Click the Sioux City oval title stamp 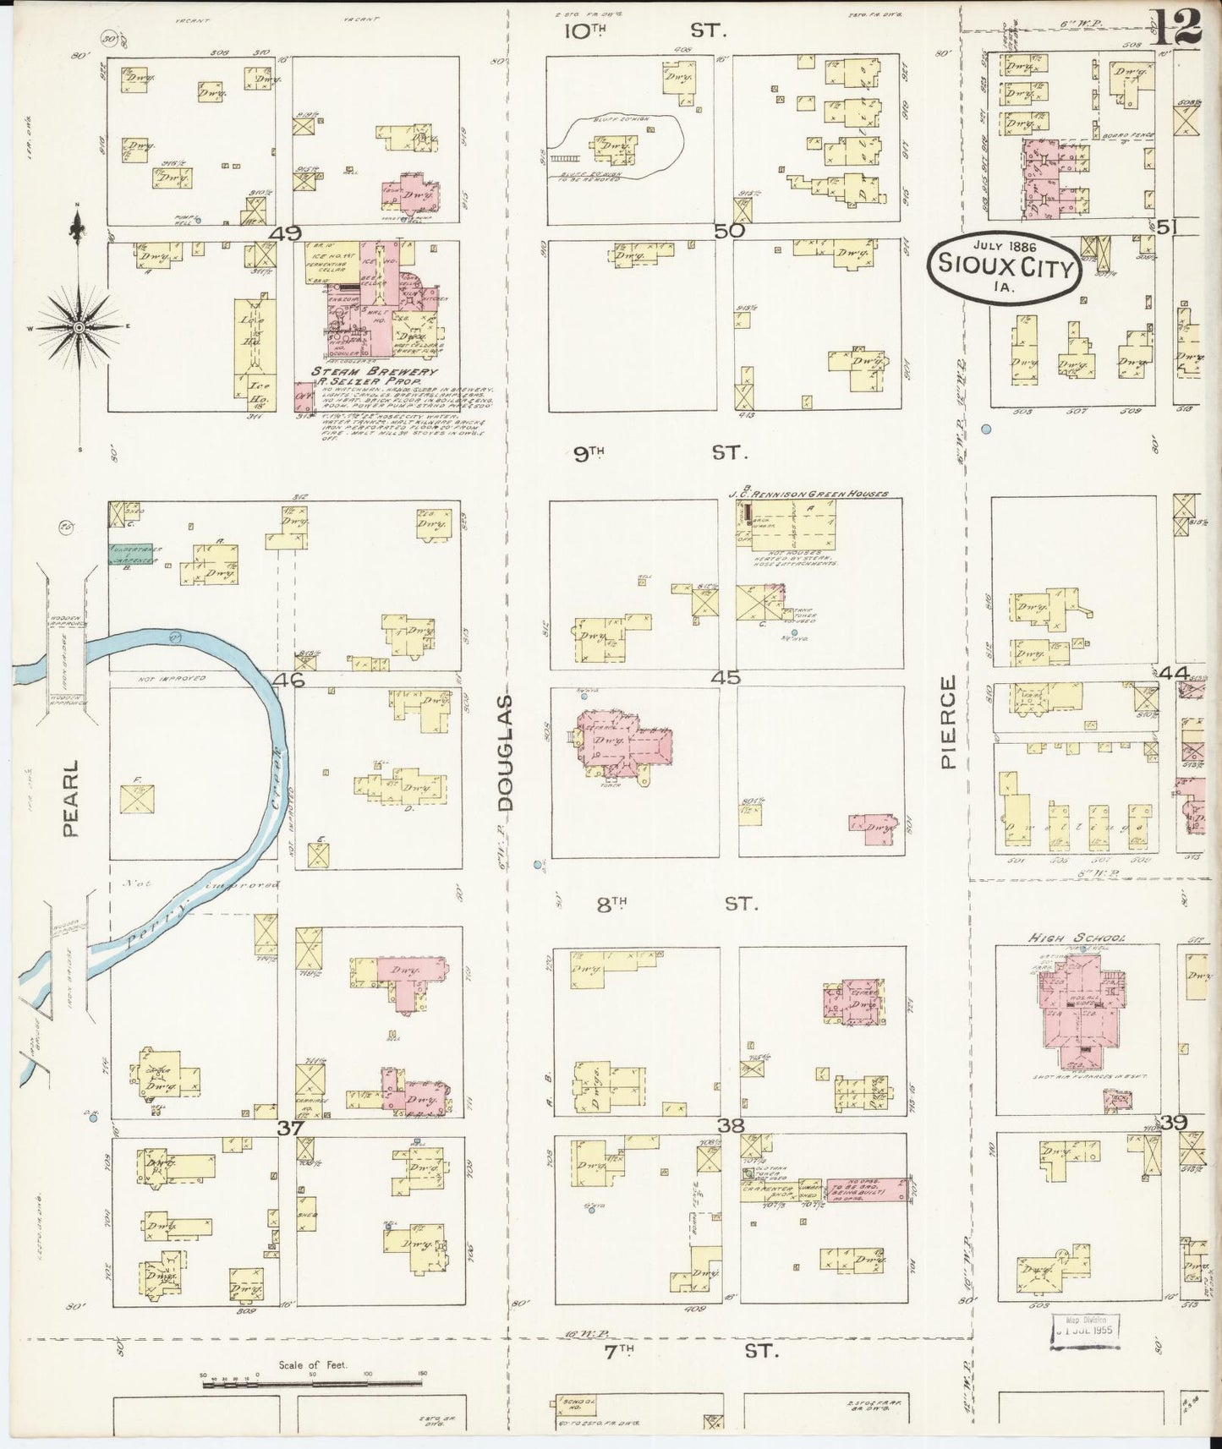coord(1005,266)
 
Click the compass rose coord(78,327)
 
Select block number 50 coord(729,231)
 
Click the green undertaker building coord(130,555)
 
